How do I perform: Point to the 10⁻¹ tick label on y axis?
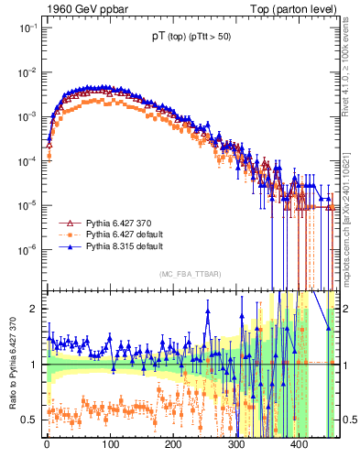[x=25, y=28]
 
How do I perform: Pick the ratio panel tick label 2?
[x=33, y=309]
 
